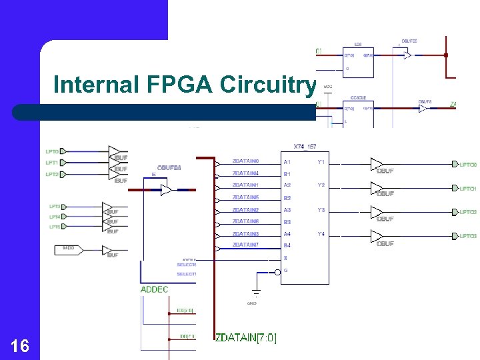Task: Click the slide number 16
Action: point(20,345)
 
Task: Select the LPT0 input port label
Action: point(52,151)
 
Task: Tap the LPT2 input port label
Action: point(52,174)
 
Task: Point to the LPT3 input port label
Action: point(55,207)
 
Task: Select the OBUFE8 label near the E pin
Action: point(169,167)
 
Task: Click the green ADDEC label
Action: point(155,289)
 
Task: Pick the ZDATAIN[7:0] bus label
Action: point(245,339)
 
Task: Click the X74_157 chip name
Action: point(305,147)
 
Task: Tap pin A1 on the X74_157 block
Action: point(287,162)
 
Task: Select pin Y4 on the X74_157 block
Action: point(321,234)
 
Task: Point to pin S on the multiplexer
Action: point(285,258)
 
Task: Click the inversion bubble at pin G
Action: point(277,271)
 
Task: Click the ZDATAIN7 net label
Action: point(245,245)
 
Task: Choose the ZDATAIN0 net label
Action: point(245,161)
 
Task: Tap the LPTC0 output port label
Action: point(467,165)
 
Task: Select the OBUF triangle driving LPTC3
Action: point(377,236)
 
